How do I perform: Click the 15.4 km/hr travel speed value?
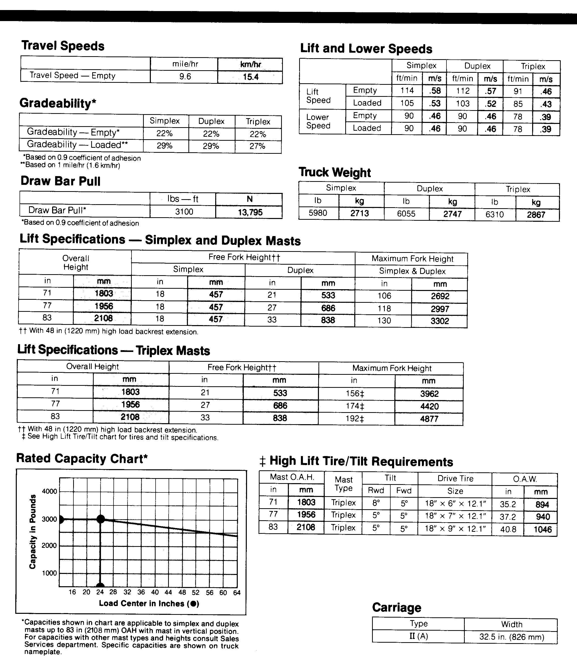(x=251, y=77)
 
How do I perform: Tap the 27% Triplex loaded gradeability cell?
(x=257, y=146)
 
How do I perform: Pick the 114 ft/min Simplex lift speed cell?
(x=407, y=91)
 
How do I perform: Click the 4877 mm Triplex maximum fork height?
(x=429, y=419)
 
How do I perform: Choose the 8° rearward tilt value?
(x=376, y=502)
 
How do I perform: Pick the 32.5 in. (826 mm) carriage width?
(x=511, y=637)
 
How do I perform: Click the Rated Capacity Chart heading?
(x=82, y=458)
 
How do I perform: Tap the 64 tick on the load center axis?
(x=237, y=593)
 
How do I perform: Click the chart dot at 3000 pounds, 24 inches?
(x=100, y=519)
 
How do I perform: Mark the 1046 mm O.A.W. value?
(x=542, y=529)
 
